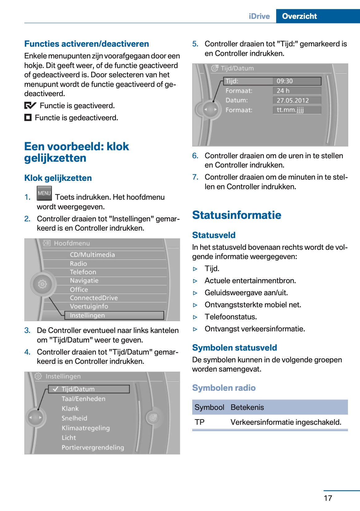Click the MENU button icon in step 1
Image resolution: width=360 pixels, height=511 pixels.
[44, 193]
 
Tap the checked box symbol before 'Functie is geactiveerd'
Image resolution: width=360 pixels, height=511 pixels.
[30, 106]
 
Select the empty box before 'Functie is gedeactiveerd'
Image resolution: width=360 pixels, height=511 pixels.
[28, 118]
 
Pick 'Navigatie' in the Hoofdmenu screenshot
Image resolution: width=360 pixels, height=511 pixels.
[84, 281]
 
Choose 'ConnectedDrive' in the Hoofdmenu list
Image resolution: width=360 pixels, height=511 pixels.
[94, 298]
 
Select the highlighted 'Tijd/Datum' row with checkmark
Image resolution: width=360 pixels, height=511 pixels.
[89, 389]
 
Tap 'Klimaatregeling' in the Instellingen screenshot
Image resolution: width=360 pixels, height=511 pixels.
[86, 428]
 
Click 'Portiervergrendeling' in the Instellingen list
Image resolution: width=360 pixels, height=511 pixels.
[93, 447]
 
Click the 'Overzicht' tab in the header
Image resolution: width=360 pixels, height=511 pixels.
[299, 16]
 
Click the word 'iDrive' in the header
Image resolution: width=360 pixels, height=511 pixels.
[259, 16]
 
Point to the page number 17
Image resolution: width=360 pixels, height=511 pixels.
[328, 498]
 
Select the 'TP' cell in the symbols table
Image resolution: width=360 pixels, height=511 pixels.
[200, 422]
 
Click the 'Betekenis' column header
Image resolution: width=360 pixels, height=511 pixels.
[247, 407]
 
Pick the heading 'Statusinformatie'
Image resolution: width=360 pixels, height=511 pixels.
[237, 215]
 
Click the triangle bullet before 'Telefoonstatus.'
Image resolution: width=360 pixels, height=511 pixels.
[195, 317]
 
